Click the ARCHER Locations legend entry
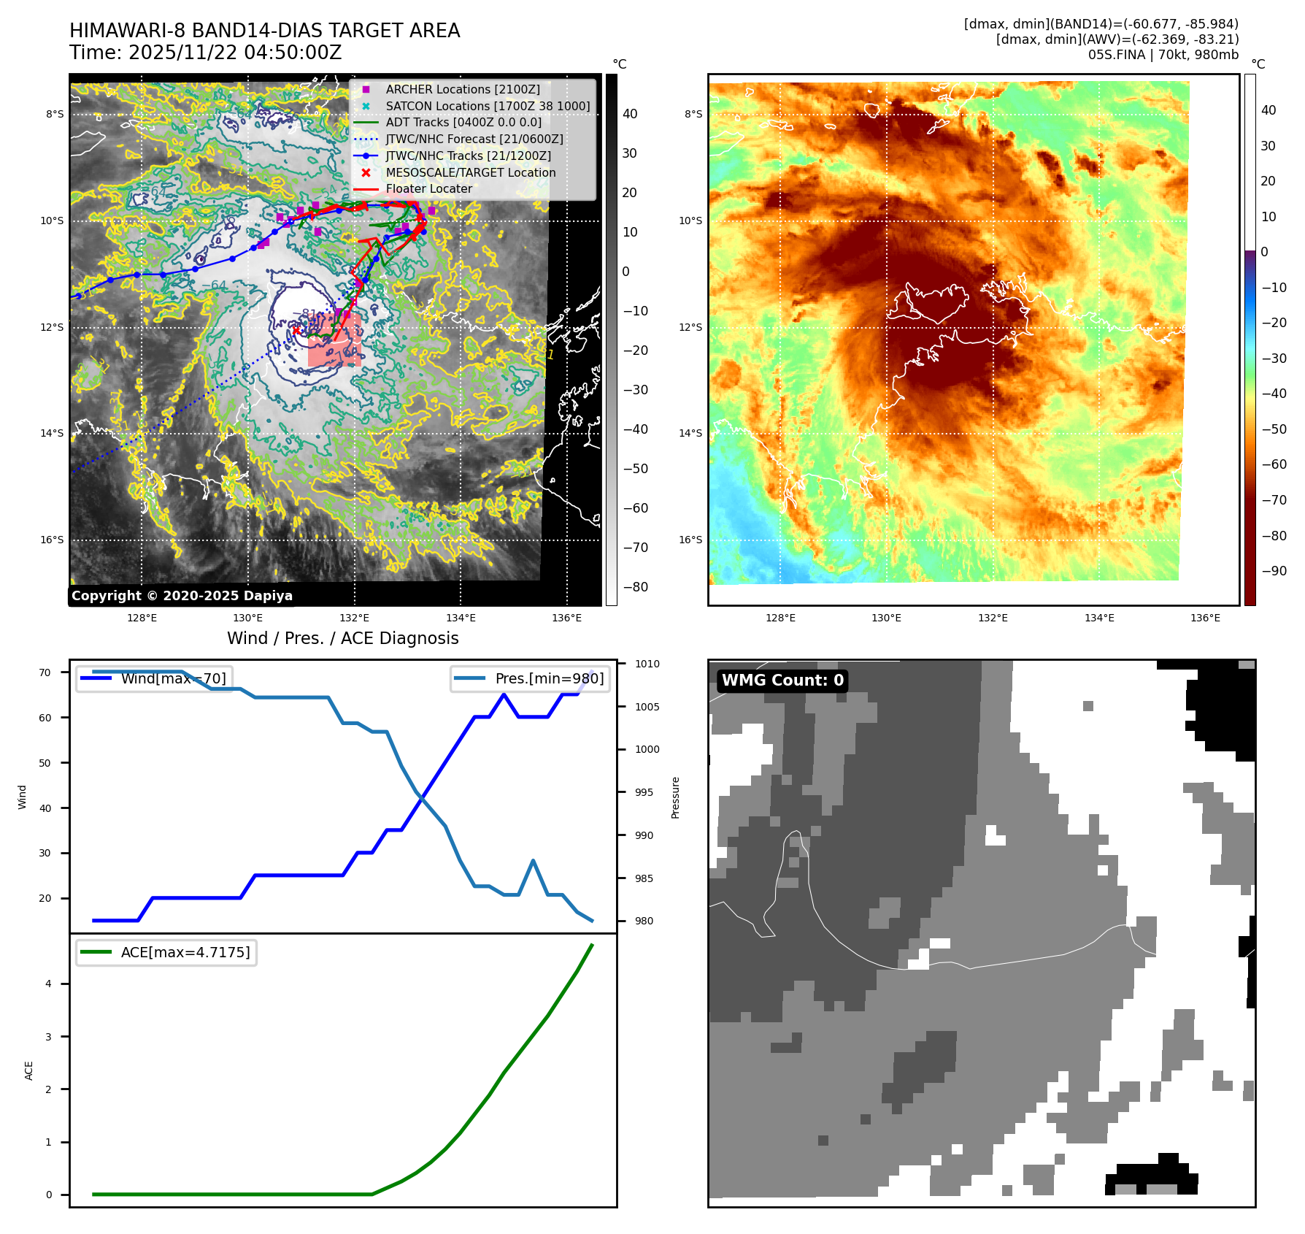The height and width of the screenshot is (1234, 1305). [x=463, y=89]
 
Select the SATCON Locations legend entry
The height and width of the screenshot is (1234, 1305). [x=488, y=106]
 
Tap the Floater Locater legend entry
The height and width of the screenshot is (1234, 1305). [x=428, y=188]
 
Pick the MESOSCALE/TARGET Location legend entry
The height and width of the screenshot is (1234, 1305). [x=470, y=172]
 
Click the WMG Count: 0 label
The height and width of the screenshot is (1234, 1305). [x=782, y=681]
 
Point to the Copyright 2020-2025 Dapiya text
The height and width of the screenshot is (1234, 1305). [x=182, y=596]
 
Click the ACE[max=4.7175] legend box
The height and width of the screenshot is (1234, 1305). [x=166, y=952]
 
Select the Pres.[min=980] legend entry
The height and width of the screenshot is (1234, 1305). [x=531, y=678]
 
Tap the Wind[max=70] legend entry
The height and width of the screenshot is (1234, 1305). [x=155, y=678]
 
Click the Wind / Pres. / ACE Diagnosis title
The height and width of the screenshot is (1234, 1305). [x=343, y=638]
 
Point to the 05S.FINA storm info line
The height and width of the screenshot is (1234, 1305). [x=1163, y=55]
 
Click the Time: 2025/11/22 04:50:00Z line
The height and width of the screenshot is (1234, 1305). [x=206, y=53]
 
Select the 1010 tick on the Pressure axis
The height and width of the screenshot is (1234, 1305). [x=647, y=664]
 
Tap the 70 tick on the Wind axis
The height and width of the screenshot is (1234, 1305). [x=45, y=672]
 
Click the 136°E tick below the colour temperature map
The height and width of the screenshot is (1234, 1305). [x=1205, y=618]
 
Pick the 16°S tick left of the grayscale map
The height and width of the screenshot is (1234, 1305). [x=52, y=540]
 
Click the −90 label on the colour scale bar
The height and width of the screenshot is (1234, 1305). [x=1274, y=571]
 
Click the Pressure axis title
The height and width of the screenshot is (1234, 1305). [x=676, y=797]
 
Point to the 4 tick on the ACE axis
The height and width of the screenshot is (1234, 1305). [x=49, y=984]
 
